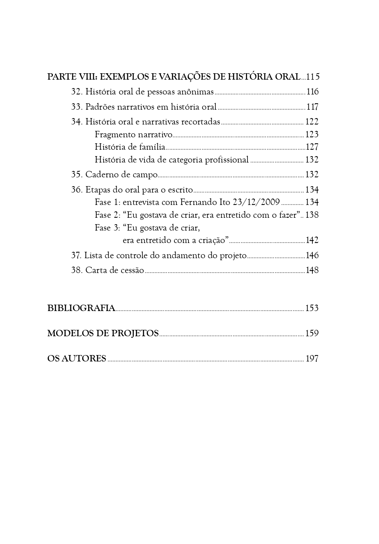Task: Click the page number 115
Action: pyautogui.click(x=313, y=76)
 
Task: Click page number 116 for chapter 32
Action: pyautogui.click(x=312, y=92)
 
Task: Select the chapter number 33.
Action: pyautogui.click(x=77, y=107)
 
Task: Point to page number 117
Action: pyautogui.click(x=312, y=107)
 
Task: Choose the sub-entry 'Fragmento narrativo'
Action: pyautogui.click(x=134, y=134)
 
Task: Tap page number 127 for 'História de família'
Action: pyautogui.click(x=312, y=147)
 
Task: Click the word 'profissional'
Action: pyautogui.click(x=227, y=160)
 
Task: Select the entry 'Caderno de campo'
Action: pyautogui.click(x=121, y=175)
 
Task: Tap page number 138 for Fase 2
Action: pyautogui.click(x=312, y=215)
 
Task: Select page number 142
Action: pyautogui.click(x=312, y=240)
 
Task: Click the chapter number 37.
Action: pyautogui.click(x=76, y=255)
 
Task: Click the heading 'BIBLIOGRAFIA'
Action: pyautogui.click(x=81, y=308)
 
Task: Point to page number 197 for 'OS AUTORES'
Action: pyautogui.click(x=312, y=359)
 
